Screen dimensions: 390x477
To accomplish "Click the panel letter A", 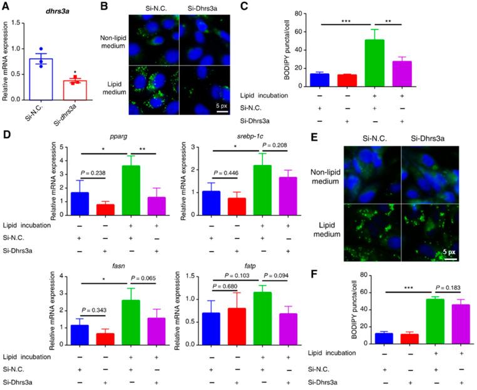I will (6, 7).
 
